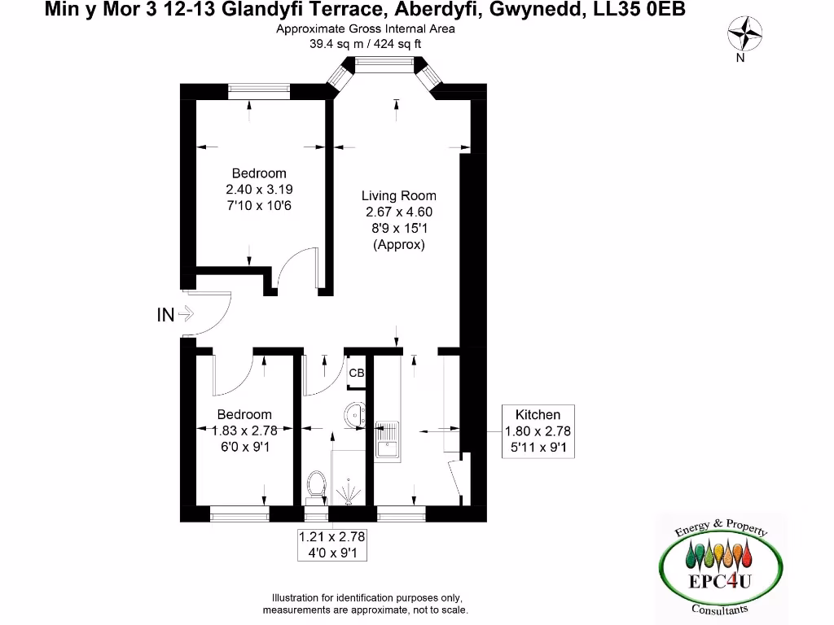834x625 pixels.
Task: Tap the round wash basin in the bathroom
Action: coord(353,414)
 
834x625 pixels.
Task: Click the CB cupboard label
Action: coord(356,374)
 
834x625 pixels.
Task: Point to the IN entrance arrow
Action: coord(185,313)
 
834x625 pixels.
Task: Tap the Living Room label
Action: coord(398,195)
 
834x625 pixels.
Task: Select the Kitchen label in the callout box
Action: coord(538,415)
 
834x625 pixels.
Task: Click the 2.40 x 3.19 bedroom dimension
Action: coord(259,190)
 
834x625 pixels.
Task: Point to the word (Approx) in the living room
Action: coord(398,244)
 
